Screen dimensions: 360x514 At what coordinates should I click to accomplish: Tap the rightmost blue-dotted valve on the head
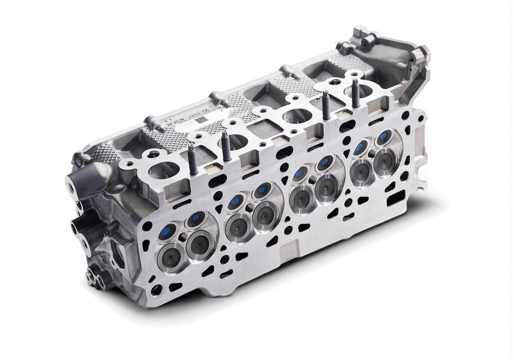click(x=385, y=136)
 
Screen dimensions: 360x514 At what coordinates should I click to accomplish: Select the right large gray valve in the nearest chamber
click(x=198, y=243)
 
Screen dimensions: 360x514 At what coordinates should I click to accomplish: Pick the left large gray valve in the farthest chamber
click(x=362, y=169)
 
